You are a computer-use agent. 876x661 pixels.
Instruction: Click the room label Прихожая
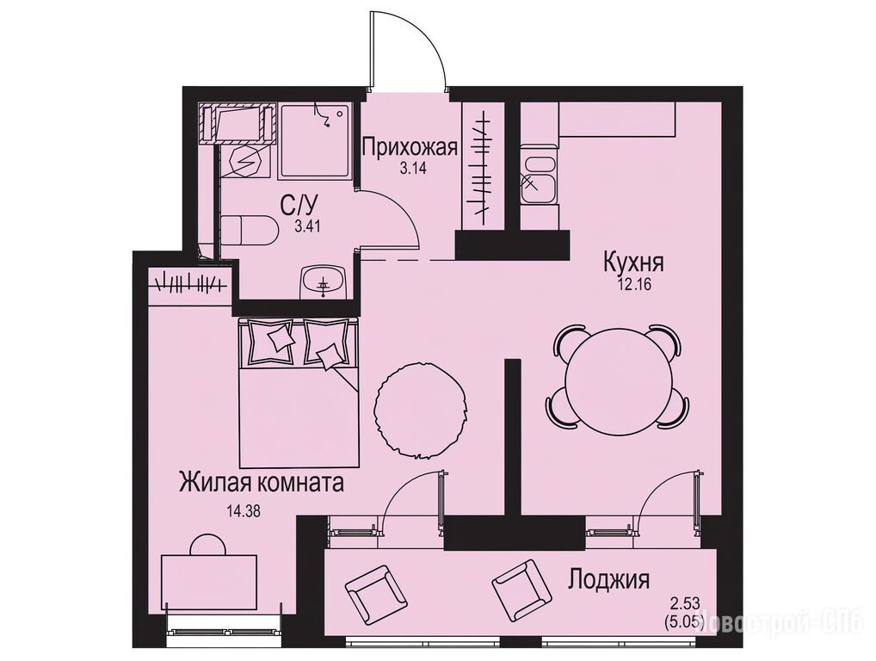[410, 147]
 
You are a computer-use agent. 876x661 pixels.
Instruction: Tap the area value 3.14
[413, 168]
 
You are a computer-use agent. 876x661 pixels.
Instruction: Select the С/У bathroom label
[295, 207]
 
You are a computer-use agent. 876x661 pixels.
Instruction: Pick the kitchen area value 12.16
[634, 283]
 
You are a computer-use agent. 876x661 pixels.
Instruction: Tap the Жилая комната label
[262, 482]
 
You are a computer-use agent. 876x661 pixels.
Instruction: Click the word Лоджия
[608, 580]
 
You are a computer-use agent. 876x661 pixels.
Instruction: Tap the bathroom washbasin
[324, 282]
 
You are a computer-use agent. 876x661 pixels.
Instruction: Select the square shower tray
[315, 141]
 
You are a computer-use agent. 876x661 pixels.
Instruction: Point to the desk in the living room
[209, 584]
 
